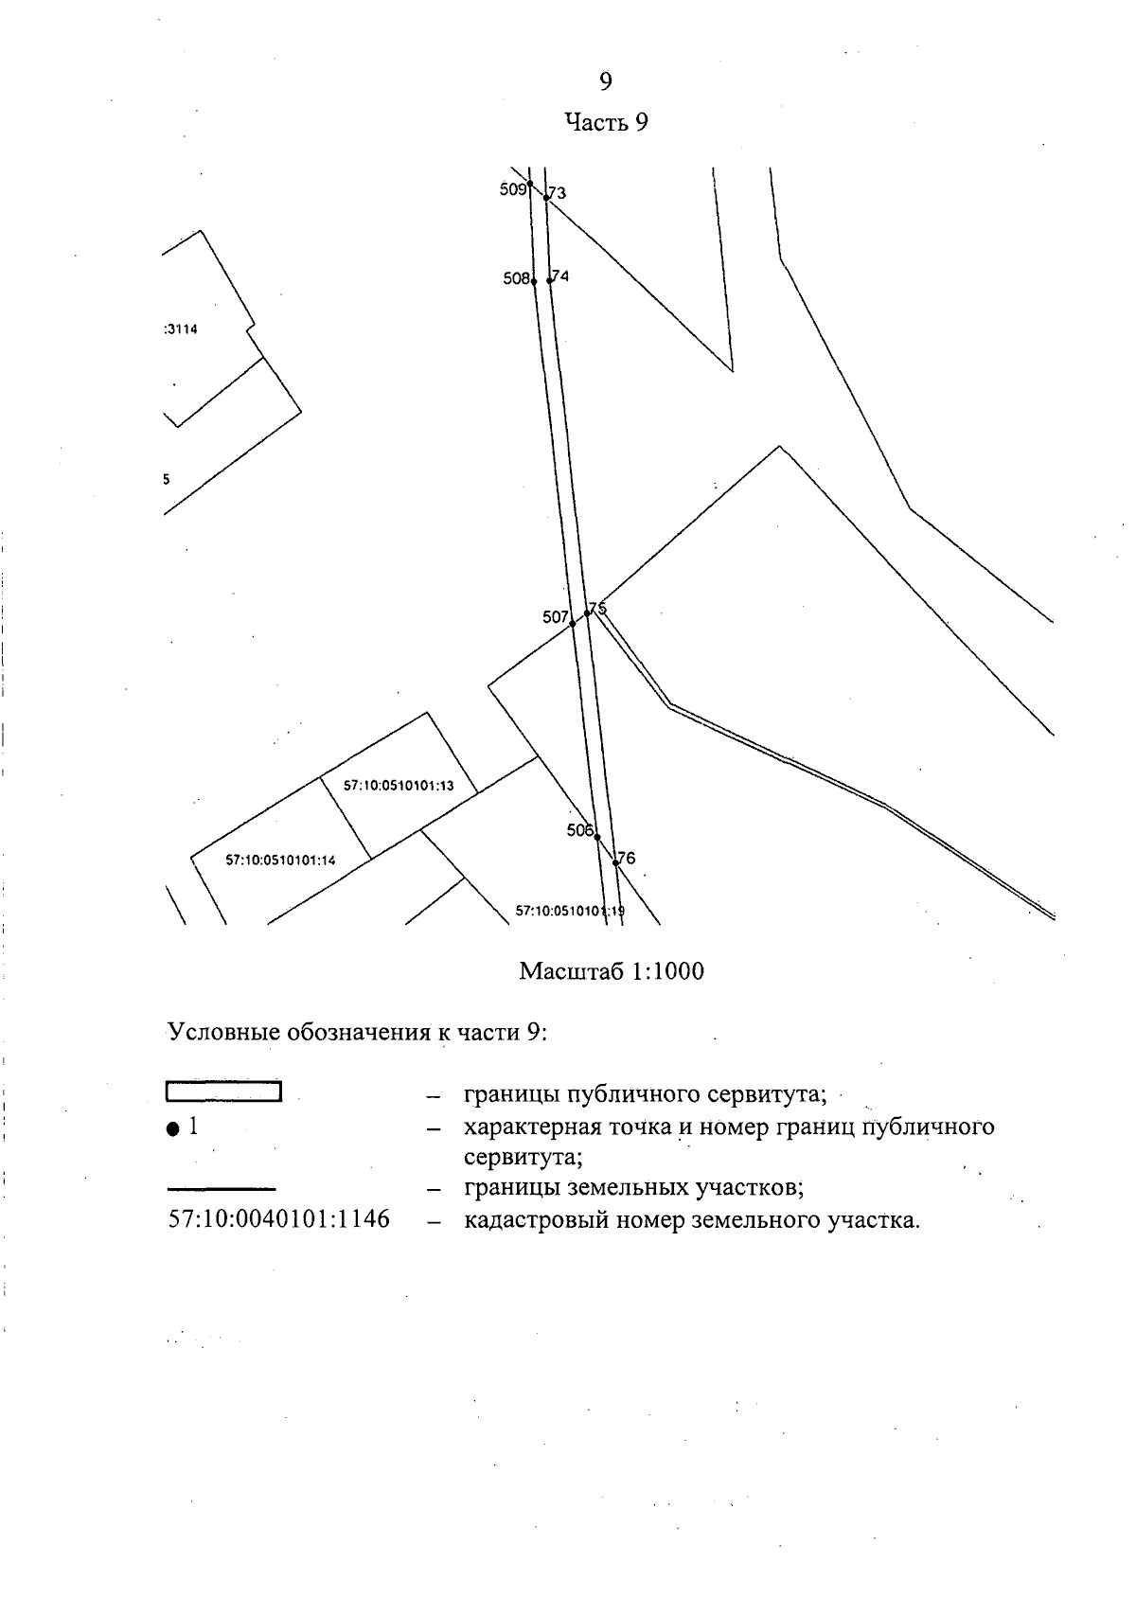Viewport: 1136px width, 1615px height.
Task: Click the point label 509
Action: (x=512, y=189)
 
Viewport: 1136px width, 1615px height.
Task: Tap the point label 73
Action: (x=557, y=193)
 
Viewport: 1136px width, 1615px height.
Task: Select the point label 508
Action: (x=516, y=279)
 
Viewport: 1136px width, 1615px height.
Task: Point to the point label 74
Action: (x=560, y=276)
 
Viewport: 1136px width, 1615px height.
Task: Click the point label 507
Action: (x=555, y=617)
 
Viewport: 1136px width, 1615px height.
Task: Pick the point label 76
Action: (x=626, y=859)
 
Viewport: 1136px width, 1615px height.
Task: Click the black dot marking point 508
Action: (x=534, y=281)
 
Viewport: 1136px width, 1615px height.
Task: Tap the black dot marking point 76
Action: (x=615, y=862)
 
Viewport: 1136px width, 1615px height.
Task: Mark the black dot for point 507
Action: (x=572, y=624)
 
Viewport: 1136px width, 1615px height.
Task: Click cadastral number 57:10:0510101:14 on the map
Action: (x=281, y=860)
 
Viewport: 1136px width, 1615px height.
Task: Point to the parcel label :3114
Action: (x=181, y=329)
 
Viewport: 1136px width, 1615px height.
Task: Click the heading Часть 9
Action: (x=606, y=122)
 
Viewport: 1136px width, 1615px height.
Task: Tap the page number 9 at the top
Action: (x=606, y=81)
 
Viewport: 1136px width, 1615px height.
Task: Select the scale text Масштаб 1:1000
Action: (x=612, y=971)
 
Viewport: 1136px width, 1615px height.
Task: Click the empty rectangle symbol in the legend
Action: (x=223, y=1091)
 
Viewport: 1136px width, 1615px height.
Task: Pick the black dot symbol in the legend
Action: (x=172, y=1128)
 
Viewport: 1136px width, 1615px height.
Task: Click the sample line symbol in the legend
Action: (x=222, y=1187)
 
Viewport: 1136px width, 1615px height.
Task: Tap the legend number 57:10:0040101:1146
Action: (x=278, y=1219)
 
